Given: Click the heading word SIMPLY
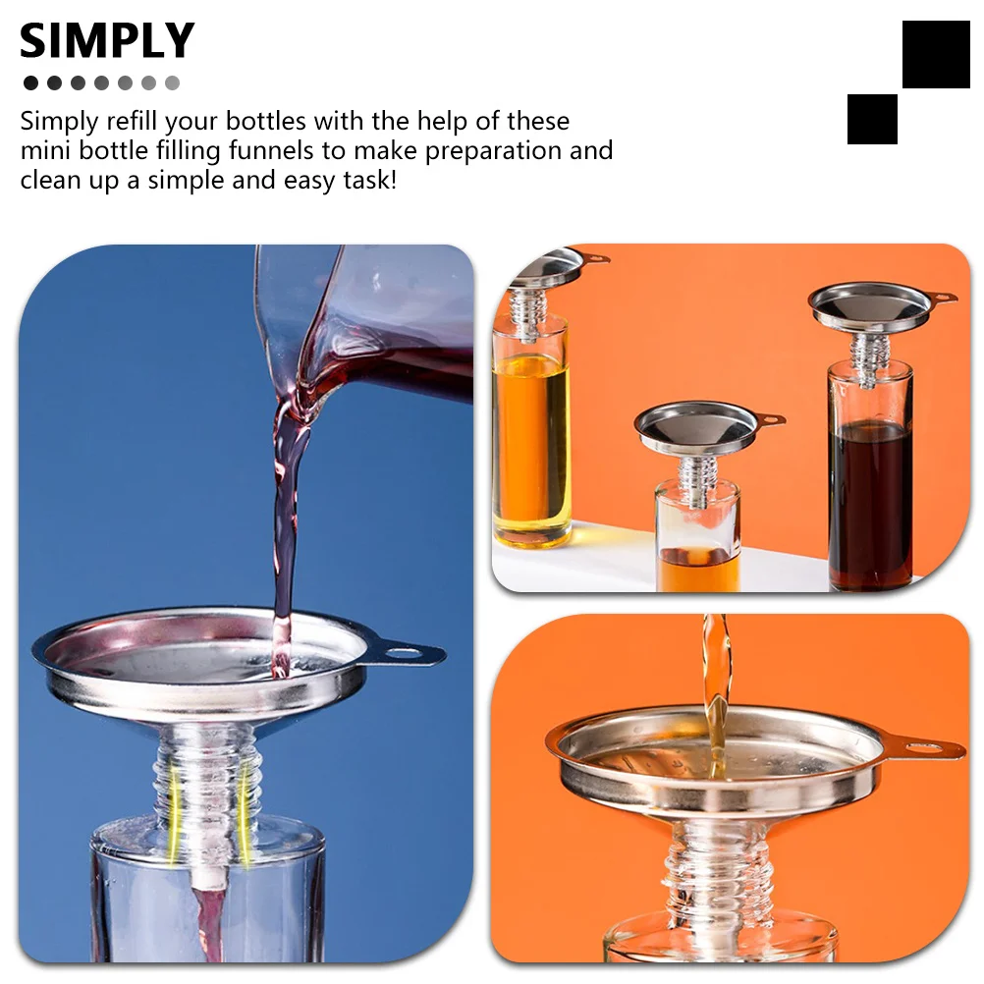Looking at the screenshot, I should pos(106,41).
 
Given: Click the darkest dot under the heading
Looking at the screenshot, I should pos(30,83).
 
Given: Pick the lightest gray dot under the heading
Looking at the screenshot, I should pos(173,83).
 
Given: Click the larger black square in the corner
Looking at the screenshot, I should pos(935,54).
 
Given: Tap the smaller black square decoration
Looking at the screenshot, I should pos(872,119).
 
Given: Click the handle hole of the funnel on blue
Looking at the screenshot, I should pos(404,651).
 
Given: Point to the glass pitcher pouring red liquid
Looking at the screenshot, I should pos(373,314).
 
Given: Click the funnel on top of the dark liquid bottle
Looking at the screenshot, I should pos(870,306).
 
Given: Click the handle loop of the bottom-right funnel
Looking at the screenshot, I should pos(932,750).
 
